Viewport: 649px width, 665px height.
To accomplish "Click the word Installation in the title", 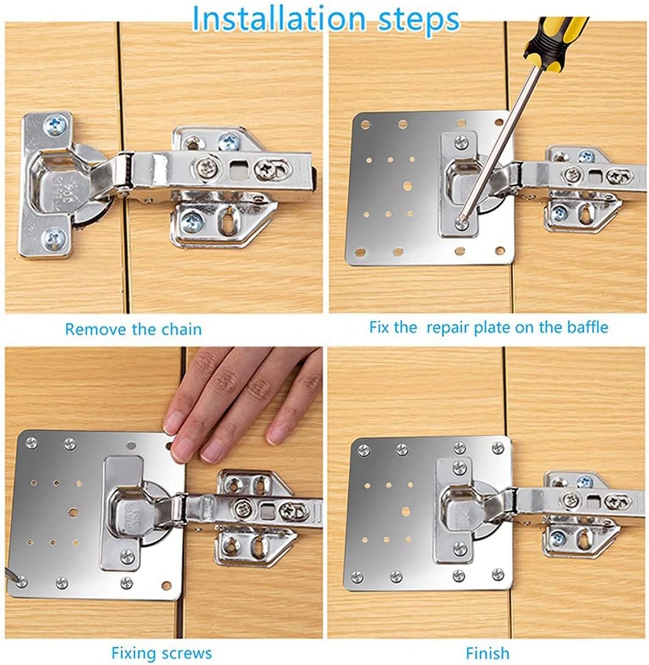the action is pyautogui.click(x=279, y=19).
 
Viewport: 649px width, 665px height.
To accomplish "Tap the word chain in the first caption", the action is pyautogui.click(x=178, y=329).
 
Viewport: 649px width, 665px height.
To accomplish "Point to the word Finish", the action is pyautogui.click(x=487, y=652).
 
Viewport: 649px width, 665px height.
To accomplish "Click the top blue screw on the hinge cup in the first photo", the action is pyautogui.click(x=56, y=124).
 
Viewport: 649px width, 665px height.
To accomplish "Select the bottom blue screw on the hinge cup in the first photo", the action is pyautogui.click(x=55, y=239).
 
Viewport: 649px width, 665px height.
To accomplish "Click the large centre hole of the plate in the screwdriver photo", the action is pyautogui.click(x=408, y=186).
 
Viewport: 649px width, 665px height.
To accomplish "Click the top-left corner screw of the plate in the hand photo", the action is pyautogui.click(x=32, y=443).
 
